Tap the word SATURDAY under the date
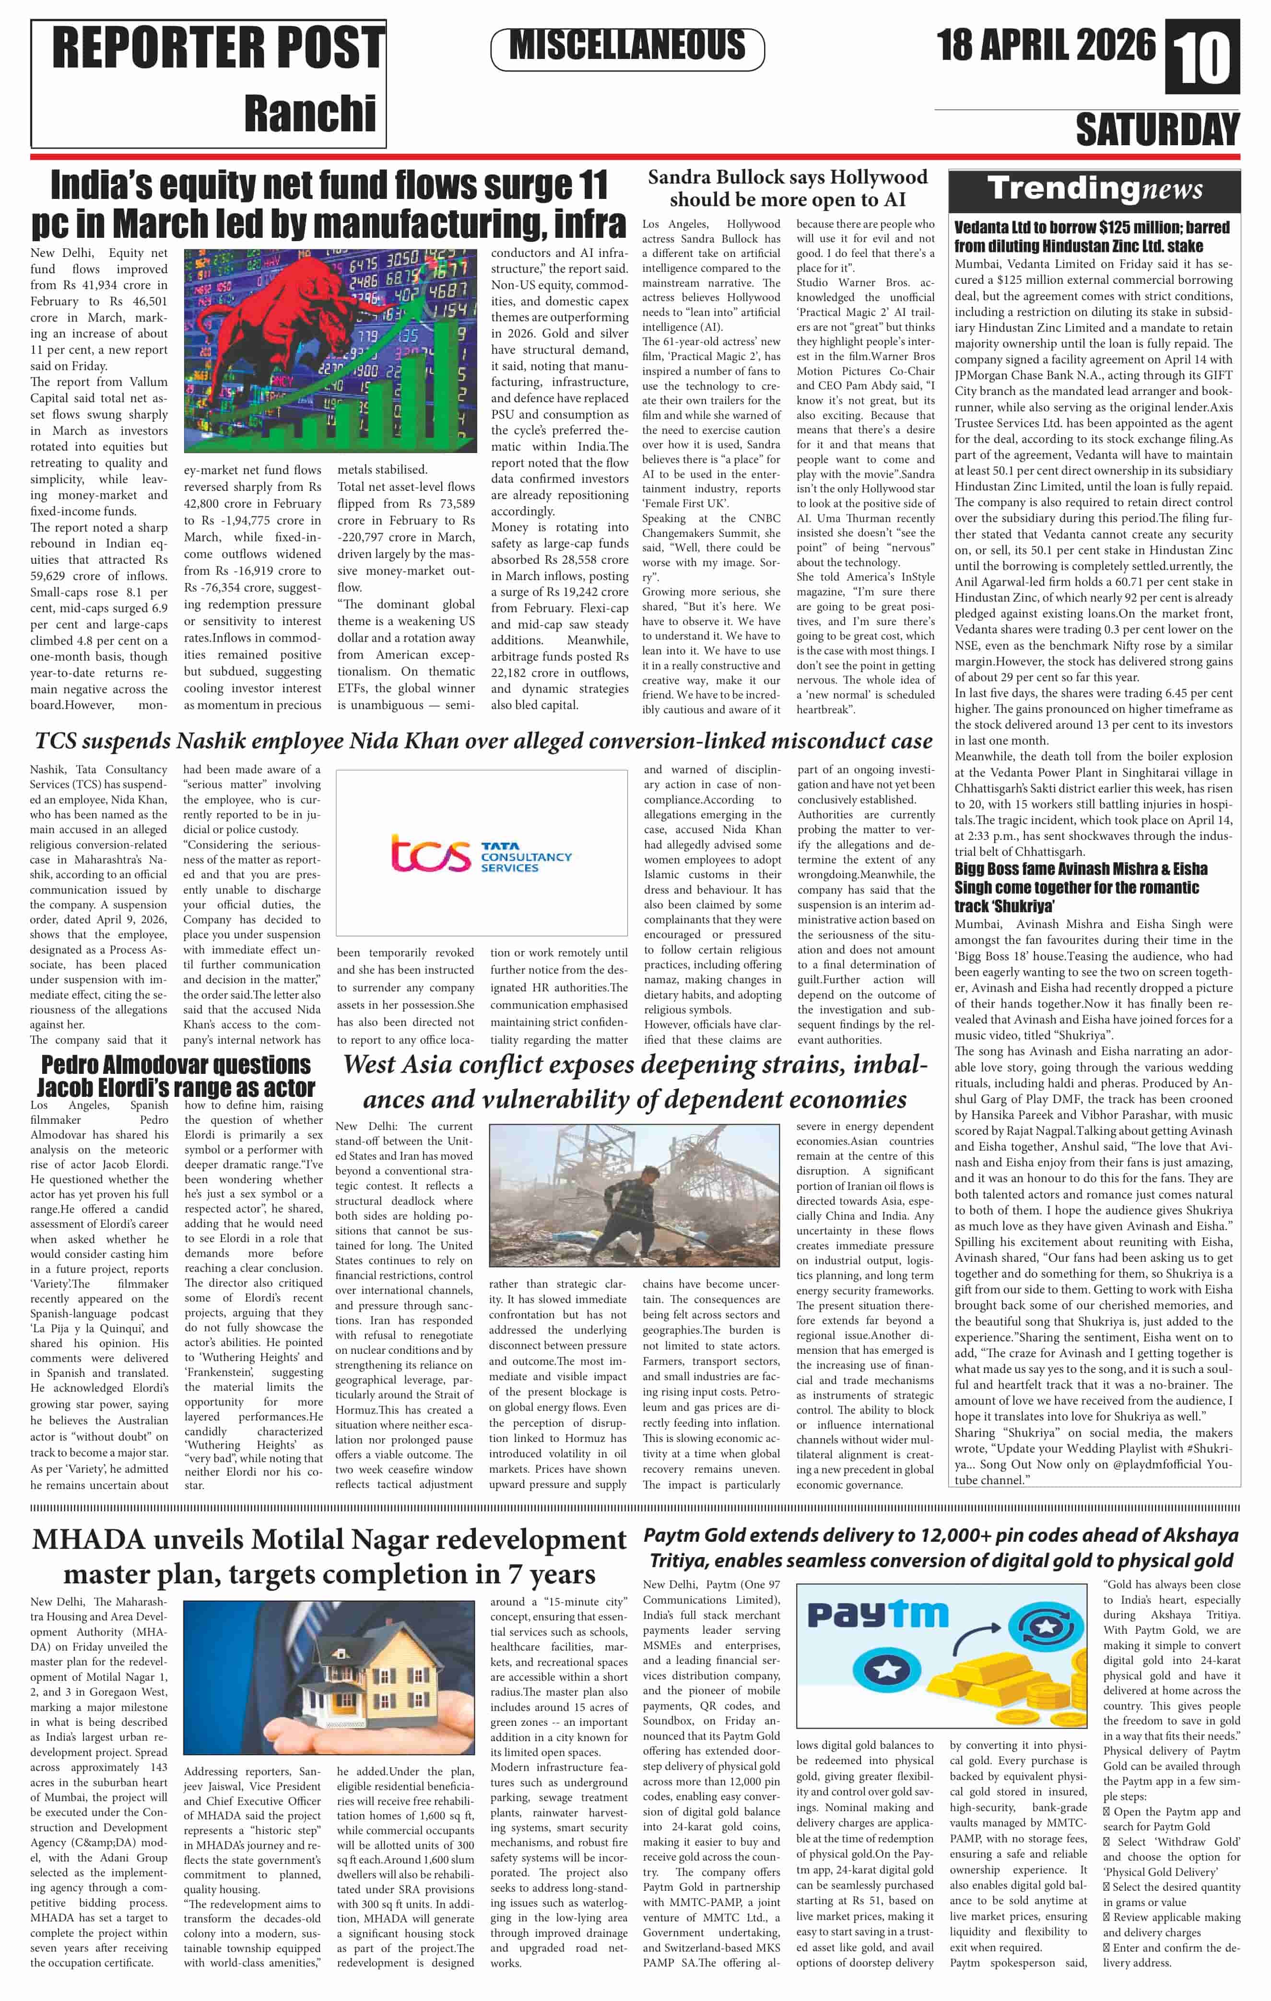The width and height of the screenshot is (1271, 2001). [x=1157, y=129]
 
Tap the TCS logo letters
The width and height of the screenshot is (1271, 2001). [x=429, y=854]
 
